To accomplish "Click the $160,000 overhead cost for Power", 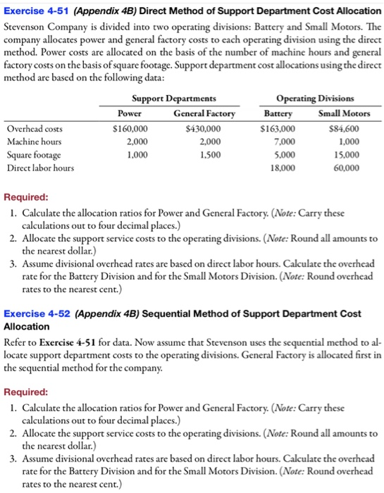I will click(130, 129).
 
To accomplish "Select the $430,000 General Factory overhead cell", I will click(204, 129).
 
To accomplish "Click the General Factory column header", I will click(204, 113).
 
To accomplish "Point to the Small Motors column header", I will click(338, 113).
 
